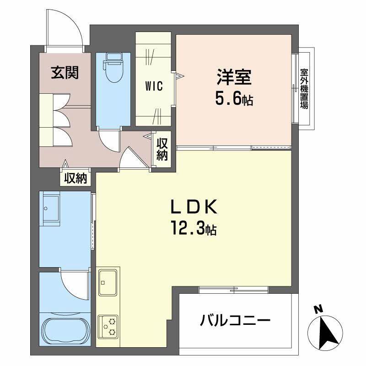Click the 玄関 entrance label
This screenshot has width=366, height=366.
click(x=65, y=72)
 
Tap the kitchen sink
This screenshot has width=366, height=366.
click(x=108, y=282)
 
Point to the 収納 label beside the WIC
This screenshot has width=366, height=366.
click(x=162, y=149)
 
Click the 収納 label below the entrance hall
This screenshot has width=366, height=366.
click(x=75, y=178)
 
